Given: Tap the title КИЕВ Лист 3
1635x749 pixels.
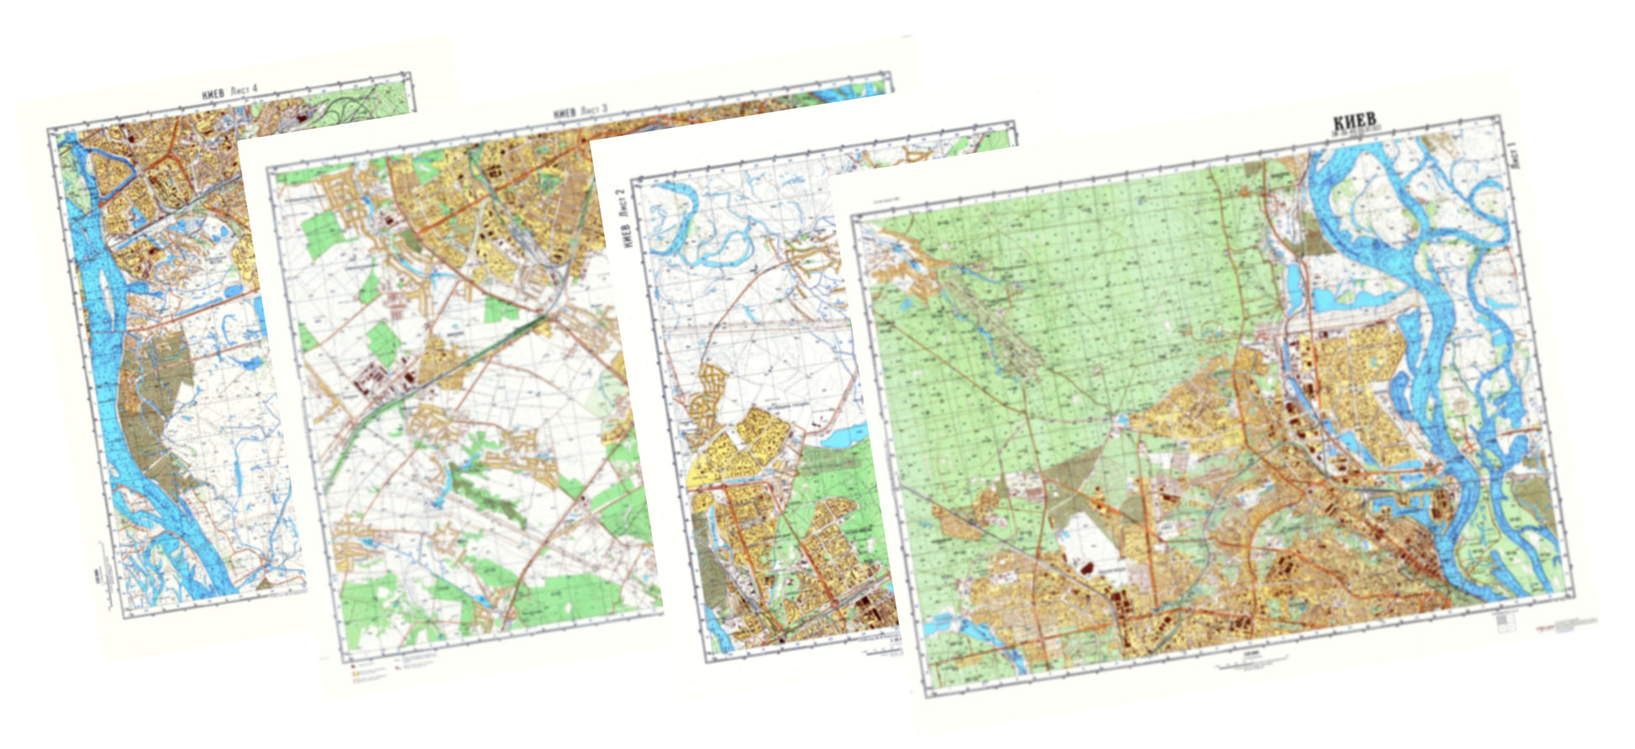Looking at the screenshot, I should pos(580,113).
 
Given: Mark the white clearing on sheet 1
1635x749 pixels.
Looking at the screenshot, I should pos(1084,537).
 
